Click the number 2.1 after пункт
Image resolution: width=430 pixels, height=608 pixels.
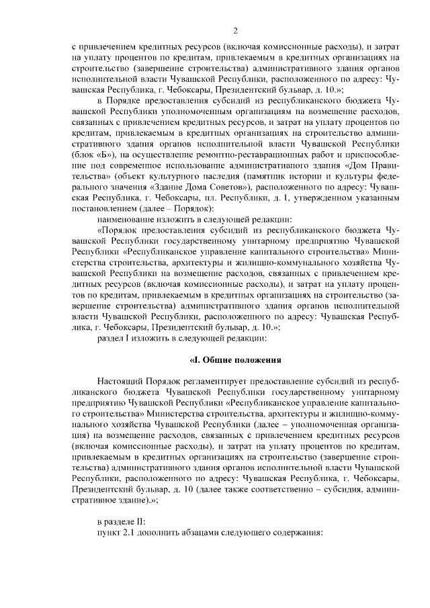click(129, 532)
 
